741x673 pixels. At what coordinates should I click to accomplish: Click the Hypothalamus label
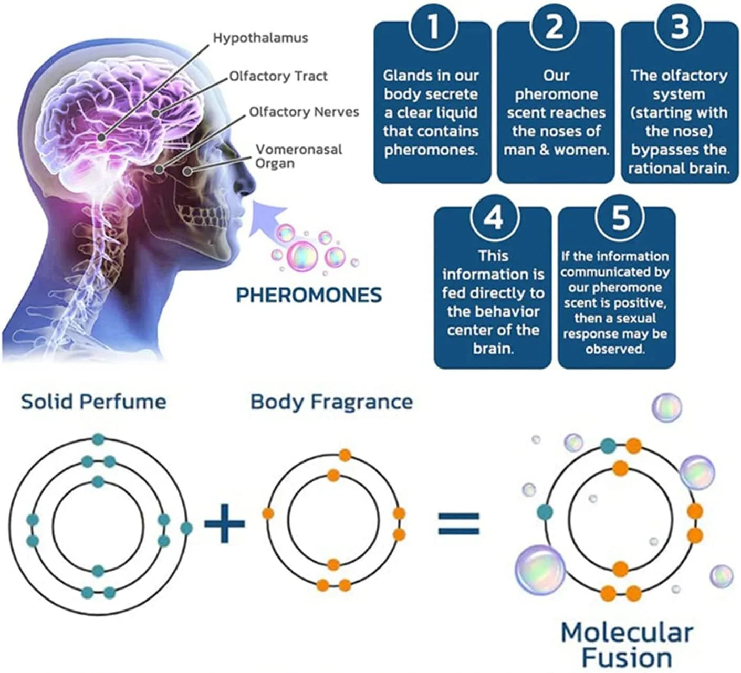(260, 38)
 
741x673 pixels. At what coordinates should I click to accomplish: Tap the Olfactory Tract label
(278, 76)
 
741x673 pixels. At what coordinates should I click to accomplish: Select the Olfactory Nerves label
(304, 112)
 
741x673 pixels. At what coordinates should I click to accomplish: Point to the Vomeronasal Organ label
(298, 156)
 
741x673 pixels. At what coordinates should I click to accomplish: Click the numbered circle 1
(432, 26)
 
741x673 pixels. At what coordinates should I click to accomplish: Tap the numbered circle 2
(555, 26)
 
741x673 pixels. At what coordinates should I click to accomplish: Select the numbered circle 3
(680, 26)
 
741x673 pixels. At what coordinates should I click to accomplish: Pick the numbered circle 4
(493, 216)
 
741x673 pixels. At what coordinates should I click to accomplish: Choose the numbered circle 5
(620, 216)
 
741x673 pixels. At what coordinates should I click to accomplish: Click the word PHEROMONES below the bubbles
(309, 295)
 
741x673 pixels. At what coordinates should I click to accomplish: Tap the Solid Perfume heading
(93, 402)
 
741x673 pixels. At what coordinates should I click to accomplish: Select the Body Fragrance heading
(331, 402)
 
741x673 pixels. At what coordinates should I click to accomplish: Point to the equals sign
(458, 523)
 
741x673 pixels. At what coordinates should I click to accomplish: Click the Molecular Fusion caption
(627, 645)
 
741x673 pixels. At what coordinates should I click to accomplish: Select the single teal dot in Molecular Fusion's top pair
(608, 446)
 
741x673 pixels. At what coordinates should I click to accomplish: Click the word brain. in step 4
(493, 349)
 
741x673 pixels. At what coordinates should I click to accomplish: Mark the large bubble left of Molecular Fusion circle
(540, 570)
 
